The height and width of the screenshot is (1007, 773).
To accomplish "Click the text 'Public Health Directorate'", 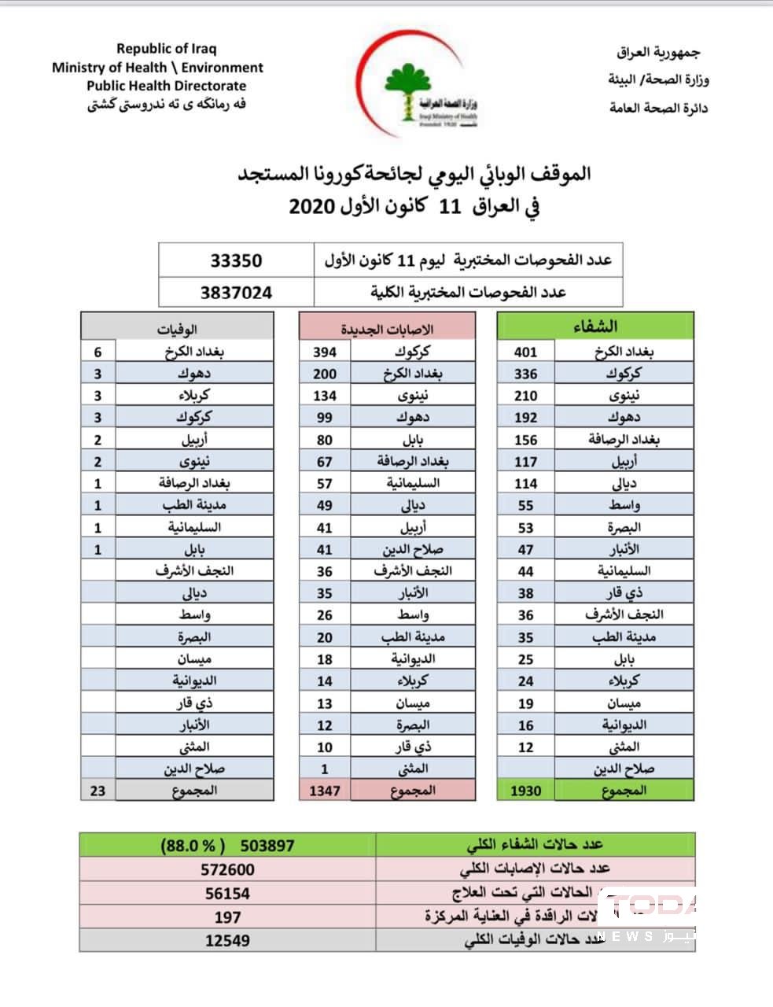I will [x=166, y=87].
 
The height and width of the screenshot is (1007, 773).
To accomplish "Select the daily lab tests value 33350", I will [x=236, y=260].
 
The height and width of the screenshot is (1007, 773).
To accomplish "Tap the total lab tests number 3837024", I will [x=236, y=293].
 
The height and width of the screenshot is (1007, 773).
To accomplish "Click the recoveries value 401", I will [x=525, y=352].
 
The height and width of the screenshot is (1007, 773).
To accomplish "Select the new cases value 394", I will [x=324, y=352].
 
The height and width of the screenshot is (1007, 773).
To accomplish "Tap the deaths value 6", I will [x=98, y=352].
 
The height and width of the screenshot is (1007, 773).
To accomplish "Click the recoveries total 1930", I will [x=525, y=791].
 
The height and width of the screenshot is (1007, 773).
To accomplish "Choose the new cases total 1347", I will [x=324, y=791].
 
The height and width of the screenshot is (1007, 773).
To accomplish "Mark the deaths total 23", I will [x=98, y=791].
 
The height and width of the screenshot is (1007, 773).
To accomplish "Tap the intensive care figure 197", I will [x=227, y=917].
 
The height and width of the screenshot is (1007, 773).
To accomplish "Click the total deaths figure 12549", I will [x=227, y=940].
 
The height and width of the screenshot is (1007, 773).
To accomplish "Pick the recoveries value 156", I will [x=525, y=440].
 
